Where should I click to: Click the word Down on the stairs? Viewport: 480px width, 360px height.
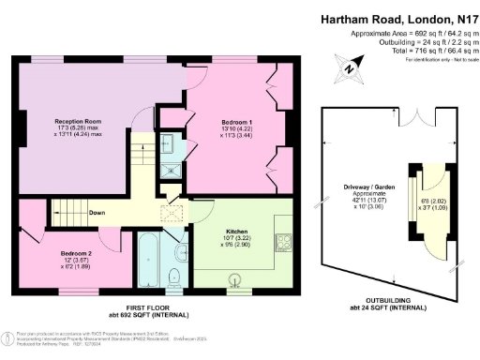point(97,212)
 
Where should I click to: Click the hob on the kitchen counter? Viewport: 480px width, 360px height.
point(282,243)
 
